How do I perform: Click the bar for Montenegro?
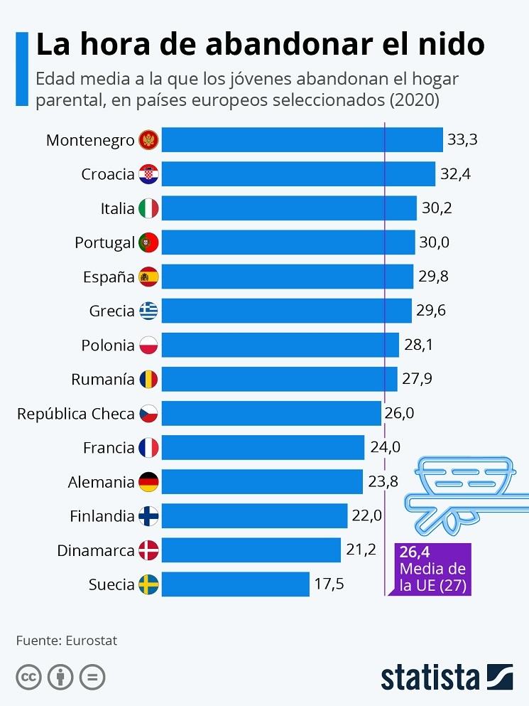(302, 140)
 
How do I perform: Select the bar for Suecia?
(235, 584)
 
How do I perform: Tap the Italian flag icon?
(148, 208)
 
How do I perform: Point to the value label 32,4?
(456, 174)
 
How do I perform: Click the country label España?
(109, 277)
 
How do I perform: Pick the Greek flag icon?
(148, 311)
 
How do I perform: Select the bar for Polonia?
(280, 345)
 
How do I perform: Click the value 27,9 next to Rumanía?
(417, 379)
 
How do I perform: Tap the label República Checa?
(75, 413)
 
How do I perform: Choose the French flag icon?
(148, 448)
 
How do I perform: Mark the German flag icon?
(148, 482)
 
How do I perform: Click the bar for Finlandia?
(254, 516)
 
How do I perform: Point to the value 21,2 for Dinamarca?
(361, 550)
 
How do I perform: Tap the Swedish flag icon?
(148, 584)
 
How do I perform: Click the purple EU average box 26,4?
(432, 569)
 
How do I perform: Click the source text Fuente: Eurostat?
(67, 641)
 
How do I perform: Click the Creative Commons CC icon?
(28, 677)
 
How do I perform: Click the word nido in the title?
(449, 44)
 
